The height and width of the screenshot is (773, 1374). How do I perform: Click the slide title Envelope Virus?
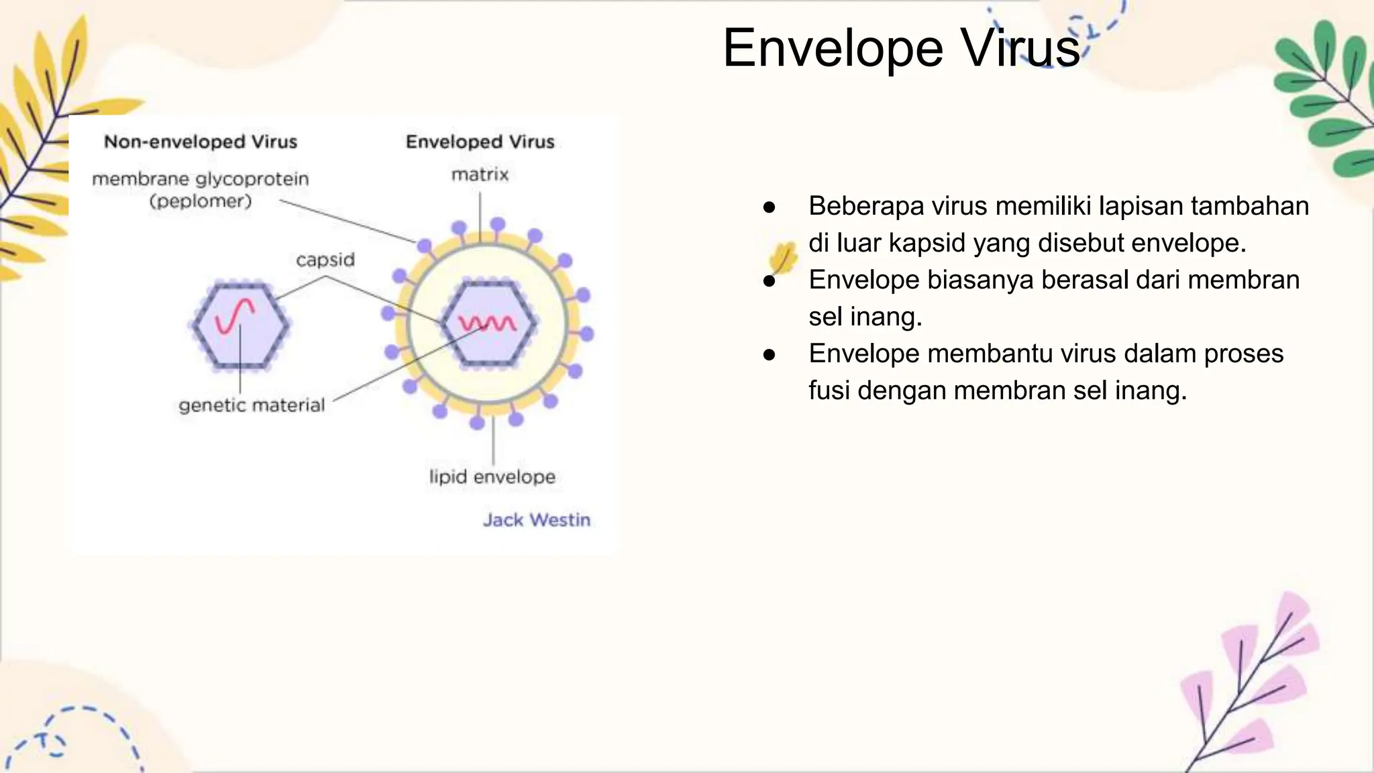[x=900, y=48]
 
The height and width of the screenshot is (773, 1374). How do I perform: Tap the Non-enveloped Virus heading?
[x=200, y=142]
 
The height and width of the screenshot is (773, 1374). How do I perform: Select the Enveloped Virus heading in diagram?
[x=480, y=142]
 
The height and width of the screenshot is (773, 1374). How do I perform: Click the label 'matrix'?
[x=480, y=175]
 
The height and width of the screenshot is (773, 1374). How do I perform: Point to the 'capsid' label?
[x=325, y=260]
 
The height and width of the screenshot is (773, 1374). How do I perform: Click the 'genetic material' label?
[x=252, y=405]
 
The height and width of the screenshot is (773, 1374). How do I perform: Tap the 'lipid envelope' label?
[x=492, y=477]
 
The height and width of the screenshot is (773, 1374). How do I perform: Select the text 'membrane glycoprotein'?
[x=200, y=179]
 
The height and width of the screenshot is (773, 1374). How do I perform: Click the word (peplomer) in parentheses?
[x=200, y=201]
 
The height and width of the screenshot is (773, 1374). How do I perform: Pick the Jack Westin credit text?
[x=537, y=520]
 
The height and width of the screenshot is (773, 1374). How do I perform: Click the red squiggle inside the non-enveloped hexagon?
[x=234, y=316]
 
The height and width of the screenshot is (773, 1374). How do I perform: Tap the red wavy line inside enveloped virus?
[x=487, y=323]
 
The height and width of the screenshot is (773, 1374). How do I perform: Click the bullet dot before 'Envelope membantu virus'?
[x=770, y=354]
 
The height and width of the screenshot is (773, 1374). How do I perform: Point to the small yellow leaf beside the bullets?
[x=783, y=257]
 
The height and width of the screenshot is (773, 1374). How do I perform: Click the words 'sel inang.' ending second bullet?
[x=865, y=317]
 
